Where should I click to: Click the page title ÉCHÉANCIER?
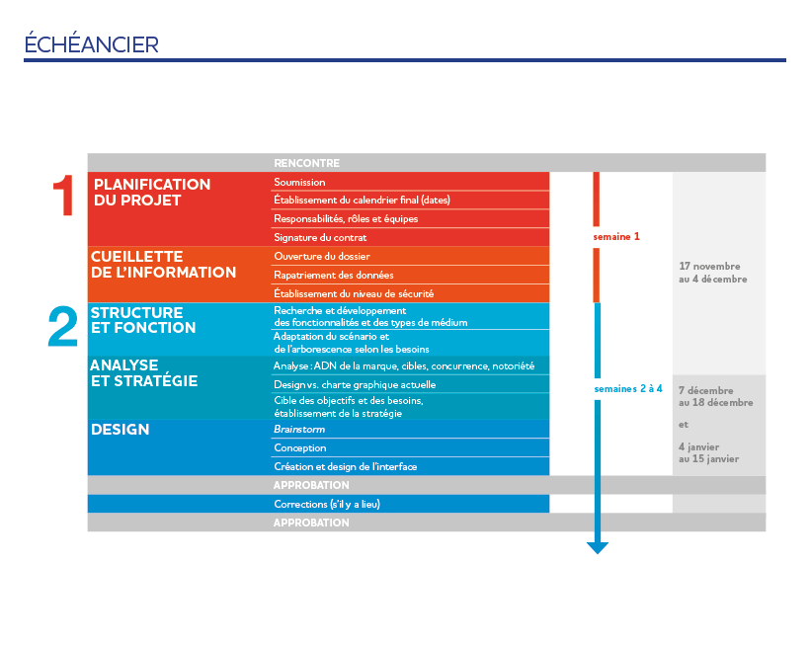pyautogui.click(x=91, y=44)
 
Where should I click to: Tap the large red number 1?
pyautogui.click(x=64, y=196)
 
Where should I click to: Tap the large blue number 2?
pyautogui.click(x=63, y=327)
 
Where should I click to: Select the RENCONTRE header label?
pyautogui.click(x=306, y=163)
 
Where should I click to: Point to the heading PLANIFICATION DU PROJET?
pyautogui.click(x=151, y=192)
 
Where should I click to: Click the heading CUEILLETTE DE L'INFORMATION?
pyautogui.click(x=163, y=264)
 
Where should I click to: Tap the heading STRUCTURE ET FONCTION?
pyautogui.click(x=142, y=320)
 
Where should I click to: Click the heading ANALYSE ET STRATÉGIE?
pyautogui.click(x=143, y=373)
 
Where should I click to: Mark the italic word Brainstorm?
pyautogui.click(x=299, y=430)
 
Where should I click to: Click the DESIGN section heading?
pyautogui.click(x=121, y=430)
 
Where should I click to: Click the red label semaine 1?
pyautogui.click(x=616, y=237)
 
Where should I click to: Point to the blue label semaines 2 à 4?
pyautogui.click(x=627, y=389)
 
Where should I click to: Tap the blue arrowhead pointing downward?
pyautogui.click(x=597, y=547)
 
